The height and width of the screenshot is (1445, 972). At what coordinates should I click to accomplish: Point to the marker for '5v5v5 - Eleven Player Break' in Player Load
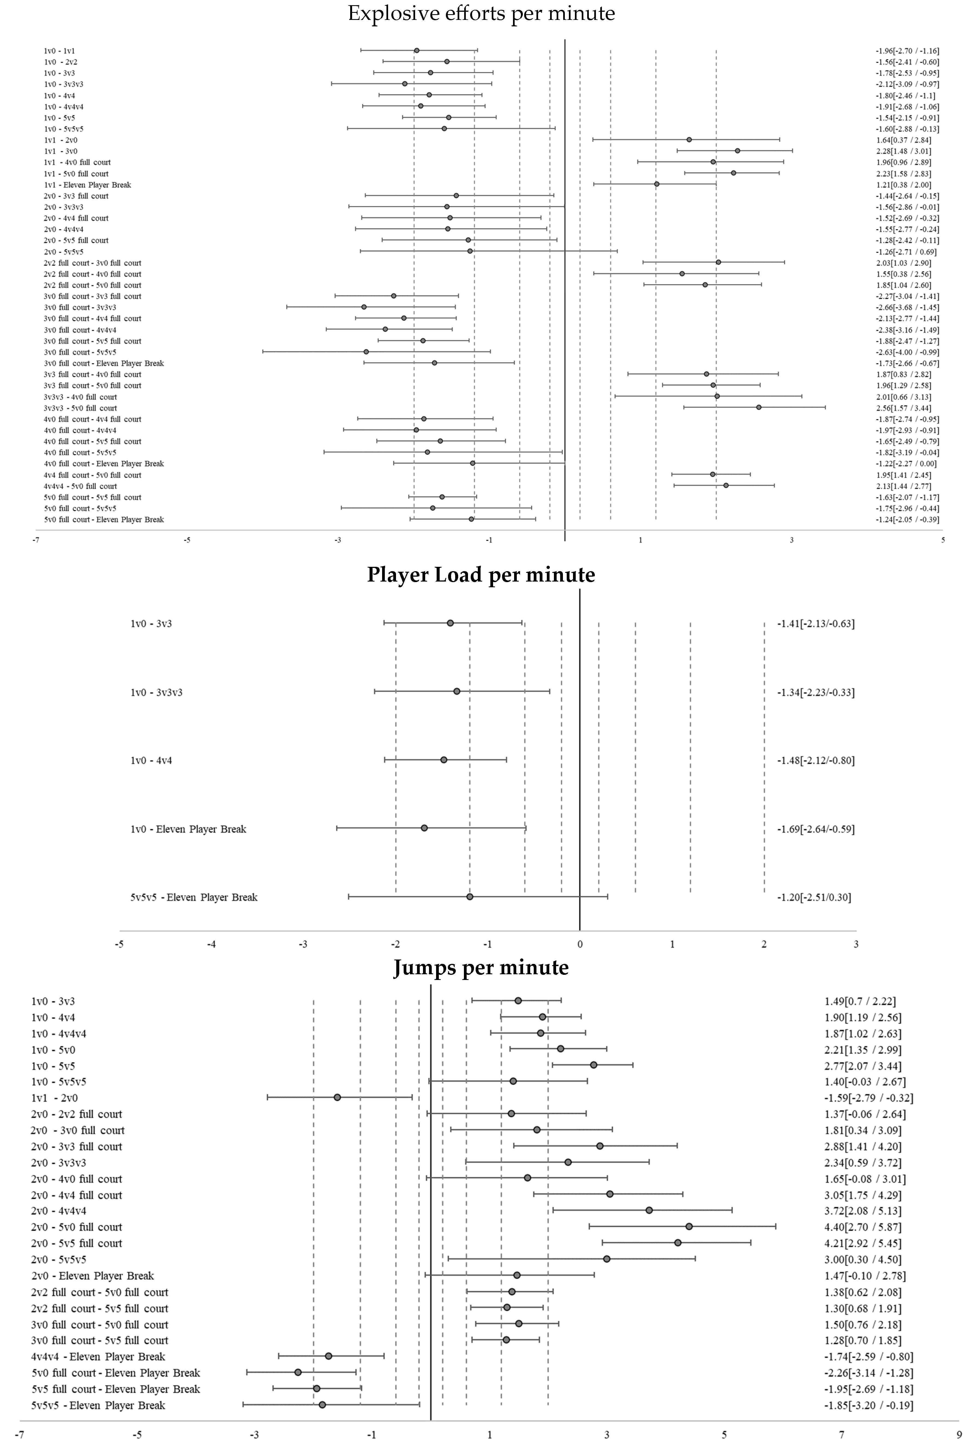tap(470, 897)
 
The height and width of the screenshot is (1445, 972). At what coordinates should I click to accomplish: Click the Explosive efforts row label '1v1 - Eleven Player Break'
tap(87, 185)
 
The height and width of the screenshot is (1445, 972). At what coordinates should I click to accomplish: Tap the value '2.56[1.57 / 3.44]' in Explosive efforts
tap(903, 408)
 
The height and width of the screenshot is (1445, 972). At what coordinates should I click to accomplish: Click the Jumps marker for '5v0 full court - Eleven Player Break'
tap(298, 1372)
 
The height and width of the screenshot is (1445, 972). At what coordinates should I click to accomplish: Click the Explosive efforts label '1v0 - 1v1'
tap(59, 51)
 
